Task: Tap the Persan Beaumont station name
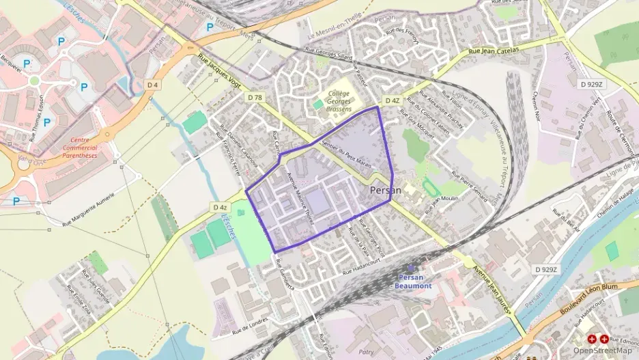pyautogui.click(x=413, y=281)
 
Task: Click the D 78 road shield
pyautogui.click(x=255, y=98)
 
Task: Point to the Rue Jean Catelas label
pyautogui.click(x=494, y=51)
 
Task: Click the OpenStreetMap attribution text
pyautogui.click(x=602, y=350)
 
